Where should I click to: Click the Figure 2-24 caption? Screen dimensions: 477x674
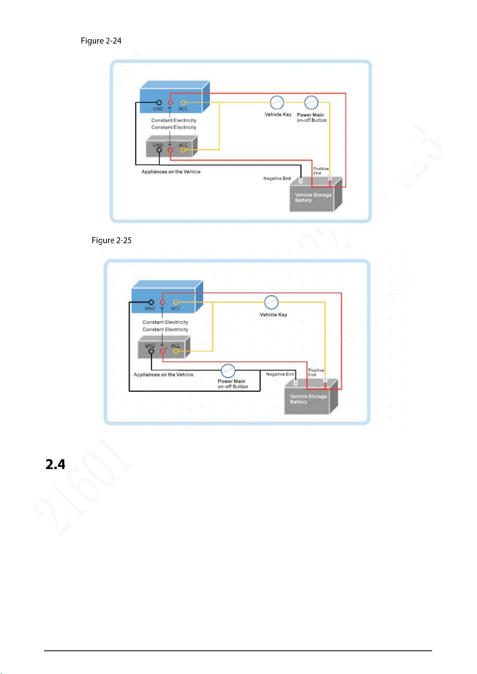tap(101, 41)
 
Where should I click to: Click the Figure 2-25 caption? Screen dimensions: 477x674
tap(112, 240)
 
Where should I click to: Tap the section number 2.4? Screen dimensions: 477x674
tap(55, 464)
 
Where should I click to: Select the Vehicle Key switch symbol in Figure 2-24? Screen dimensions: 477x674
tap(277, 103)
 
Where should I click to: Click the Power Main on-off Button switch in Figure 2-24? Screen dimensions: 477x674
tap(311, 103)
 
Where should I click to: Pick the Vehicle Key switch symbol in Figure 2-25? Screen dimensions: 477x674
tap(271, 302)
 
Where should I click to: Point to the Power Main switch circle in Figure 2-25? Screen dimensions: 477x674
tap(228, 371)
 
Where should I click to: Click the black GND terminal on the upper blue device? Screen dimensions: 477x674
tap(159, 103)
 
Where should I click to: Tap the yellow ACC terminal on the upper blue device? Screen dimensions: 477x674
tap(183, 103)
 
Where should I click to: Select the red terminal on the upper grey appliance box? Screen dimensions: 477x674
tap(170, 150)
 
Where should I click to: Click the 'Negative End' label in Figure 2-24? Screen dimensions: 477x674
tap(277, 178)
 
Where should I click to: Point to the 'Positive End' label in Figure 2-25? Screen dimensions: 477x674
tap(316, 372)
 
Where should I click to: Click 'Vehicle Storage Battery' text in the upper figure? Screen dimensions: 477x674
tap(313, 197)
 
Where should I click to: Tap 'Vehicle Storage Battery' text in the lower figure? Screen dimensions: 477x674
tap(308, 399)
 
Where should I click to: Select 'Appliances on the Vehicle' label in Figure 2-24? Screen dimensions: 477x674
tap(171, 172)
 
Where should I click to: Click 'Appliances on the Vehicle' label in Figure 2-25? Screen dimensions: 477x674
tap(163, 375)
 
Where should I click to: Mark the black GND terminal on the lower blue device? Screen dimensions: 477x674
tap(151, 302)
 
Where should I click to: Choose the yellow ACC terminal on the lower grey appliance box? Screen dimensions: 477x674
tap(175, 351)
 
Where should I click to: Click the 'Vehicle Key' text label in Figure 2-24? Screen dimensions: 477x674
tap(278, 115)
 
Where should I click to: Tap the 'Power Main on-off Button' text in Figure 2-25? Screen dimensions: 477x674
tap(232, 384)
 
